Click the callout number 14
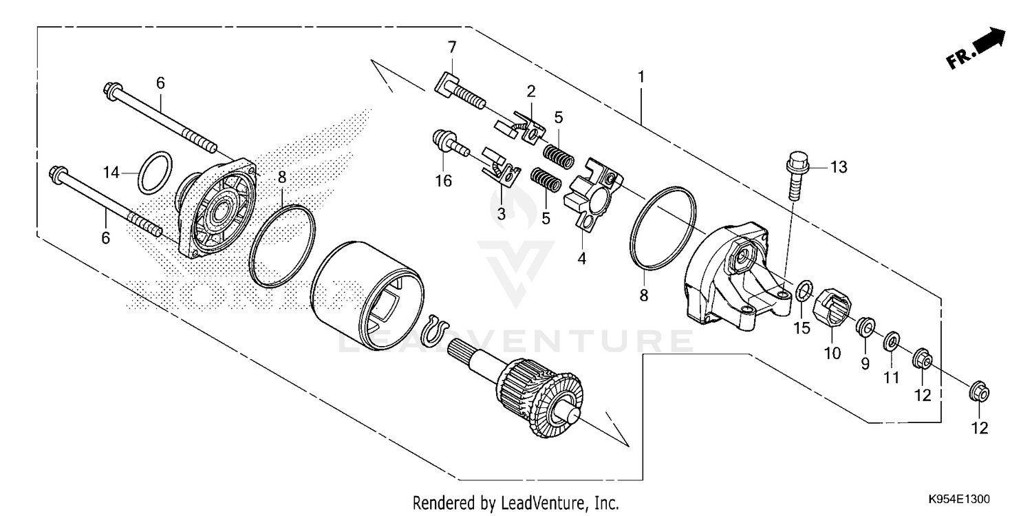(111, 172)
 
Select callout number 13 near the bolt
(839, 166)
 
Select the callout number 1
(641, 76)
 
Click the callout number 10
(832, 354)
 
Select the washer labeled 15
(803, 290)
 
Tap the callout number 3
(501, 214)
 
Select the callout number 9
(865, 363)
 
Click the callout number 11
(892, 378)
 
